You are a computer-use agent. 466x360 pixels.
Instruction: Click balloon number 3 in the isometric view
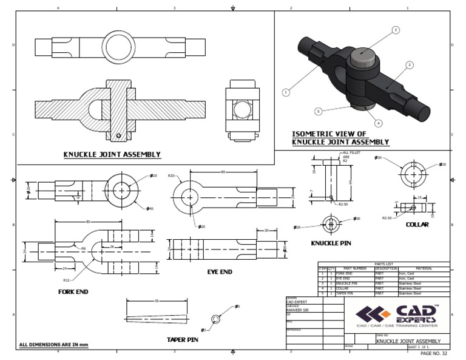[396, 30]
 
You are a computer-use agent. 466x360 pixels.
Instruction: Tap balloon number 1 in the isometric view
[285, 92]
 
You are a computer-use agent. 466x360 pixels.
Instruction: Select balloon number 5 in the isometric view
[317, 111]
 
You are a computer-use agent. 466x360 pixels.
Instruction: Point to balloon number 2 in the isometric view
[410, 64]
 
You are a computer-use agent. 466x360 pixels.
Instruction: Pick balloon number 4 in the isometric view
[379, 123]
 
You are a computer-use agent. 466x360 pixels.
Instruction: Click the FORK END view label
[73, 291]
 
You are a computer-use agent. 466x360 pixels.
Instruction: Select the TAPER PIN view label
[183, 339]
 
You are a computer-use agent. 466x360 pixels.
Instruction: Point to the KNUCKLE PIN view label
[331, 243]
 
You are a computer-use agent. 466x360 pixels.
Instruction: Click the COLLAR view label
[417, 224]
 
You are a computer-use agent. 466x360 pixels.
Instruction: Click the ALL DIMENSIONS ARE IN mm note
[53, 345]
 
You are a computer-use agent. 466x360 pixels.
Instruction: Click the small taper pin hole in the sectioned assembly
[120, 135]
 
